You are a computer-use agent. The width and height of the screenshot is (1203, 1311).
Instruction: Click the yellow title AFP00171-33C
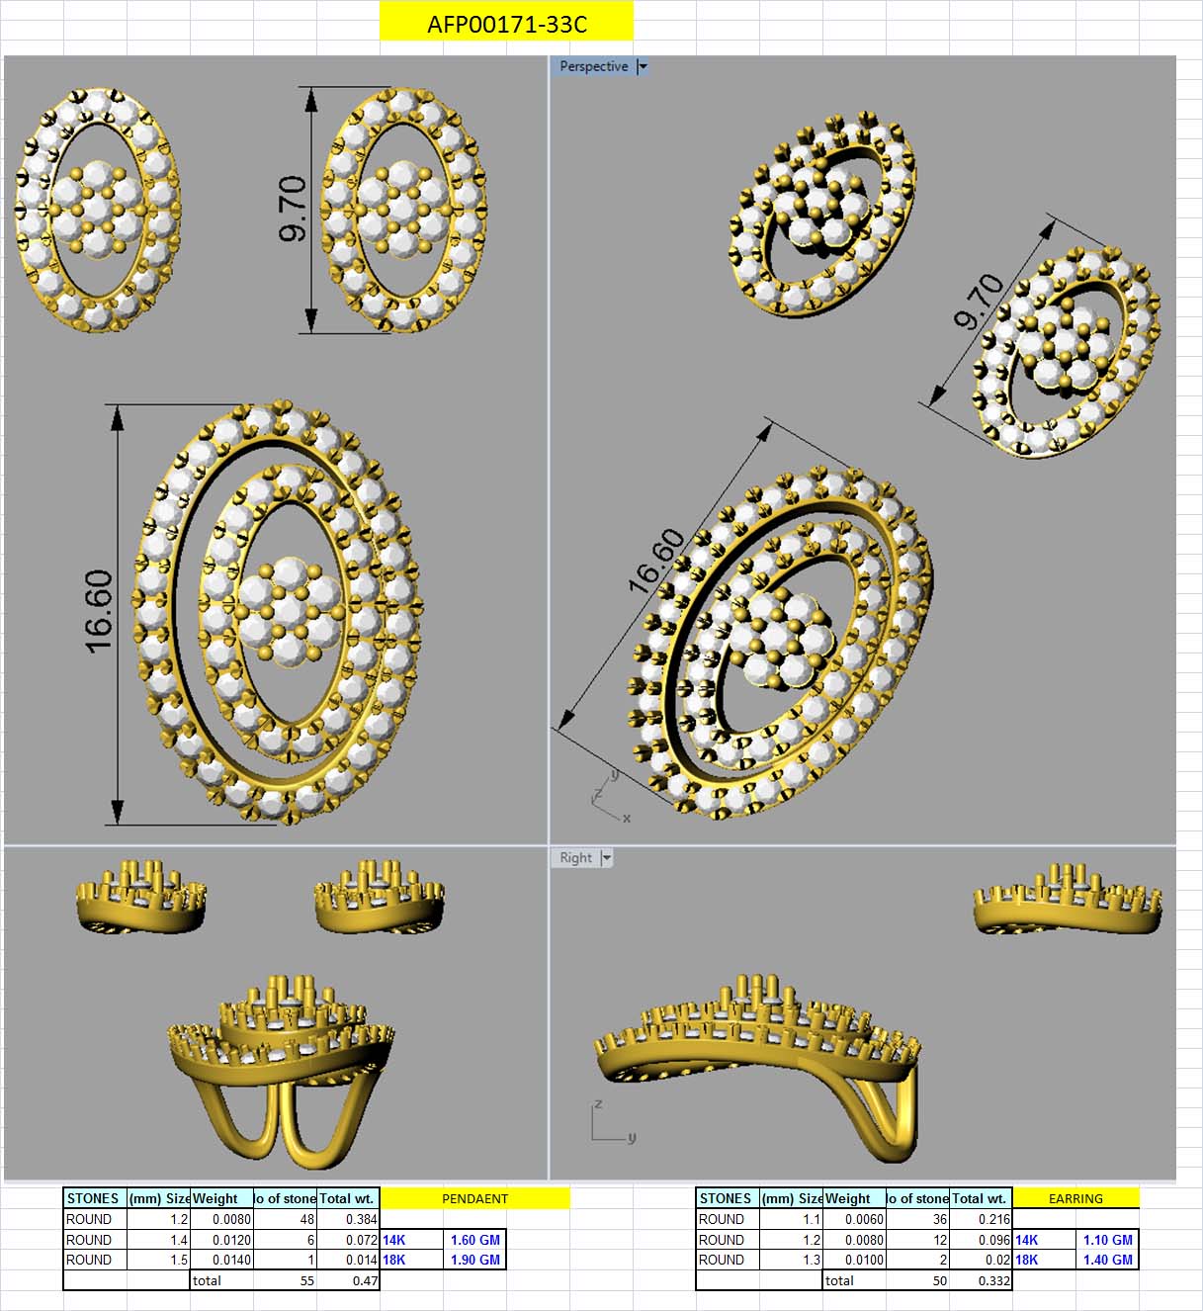point(506,24)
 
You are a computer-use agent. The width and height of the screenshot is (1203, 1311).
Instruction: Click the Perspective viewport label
point(593,66)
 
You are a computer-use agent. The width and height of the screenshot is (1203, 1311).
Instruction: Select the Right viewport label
point(575,858)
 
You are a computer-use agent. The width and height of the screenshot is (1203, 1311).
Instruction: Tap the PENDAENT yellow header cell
point(474,1198)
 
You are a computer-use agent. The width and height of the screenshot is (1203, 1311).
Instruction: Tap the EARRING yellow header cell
point(1075,1198)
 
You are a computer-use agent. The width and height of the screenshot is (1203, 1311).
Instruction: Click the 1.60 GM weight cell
point(474,1240)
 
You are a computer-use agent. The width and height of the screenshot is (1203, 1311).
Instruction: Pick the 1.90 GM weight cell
point(474,1260)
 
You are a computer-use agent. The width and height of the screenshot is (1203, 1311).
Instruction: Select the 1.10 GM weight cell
point(1107,1240)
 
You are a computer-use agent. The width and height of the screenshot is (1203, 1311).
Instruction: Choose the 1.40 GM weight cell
point(1107,1260)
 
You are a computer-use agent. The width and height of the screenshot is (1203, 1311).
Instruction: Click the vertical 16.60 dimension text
point(99,611)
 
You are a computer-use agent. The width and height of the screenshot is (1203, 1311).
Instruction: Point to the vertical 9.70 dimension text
point(294,209)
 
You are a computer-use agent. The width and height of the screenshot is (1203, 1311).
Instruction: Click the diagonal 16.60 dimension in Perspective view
point(655,561)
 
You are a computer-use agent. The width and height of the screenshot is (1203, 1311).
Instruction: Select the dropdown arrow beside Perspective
point(643,66)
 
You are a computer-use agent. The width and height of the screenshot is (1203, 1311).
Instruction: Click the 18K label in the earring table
point(1027,1260)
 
